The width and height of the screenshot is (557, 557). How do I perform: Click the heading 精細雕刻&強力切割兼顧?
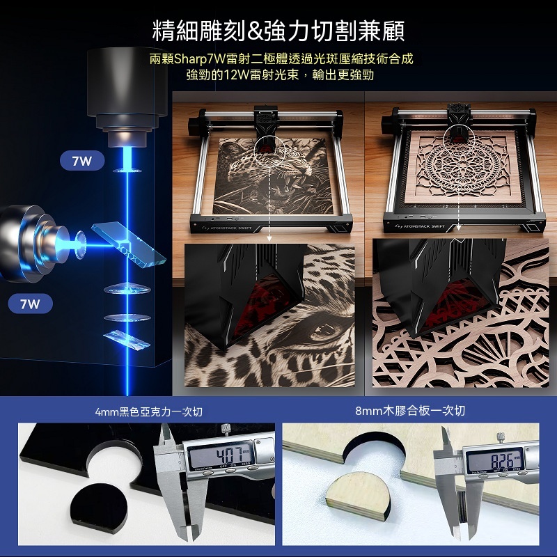tap(278, 31)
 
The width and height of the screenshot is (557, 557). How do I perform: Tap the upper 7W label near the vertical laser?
tap(82, 161)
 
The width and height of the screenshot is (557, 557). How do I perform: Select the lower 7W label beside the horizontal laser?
tap(30, 304)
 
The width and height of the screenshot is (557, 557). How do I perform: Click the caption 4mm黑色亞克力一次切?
tap(149, 411)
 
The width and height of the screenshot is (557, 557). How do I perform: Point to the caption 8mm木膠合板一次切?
tap(410, 411)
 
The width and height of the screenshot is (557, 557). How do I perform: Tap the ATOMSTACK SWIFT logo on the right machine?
tap(421, 226)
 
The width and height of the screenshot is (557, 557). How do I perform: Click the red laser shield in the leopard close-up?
tap(266, 301)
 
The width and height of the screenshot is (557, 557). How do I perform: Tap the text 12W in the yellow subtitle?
tap(237, 75)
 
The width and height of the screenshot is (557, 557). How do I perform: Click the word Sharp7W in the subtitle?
tap(196, 59)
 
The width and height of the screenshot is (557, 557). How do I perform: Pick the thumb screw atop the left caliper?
tap(225, 429)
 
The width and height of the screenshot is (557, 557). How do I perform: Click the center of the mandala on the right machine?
tap(462, 166)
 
